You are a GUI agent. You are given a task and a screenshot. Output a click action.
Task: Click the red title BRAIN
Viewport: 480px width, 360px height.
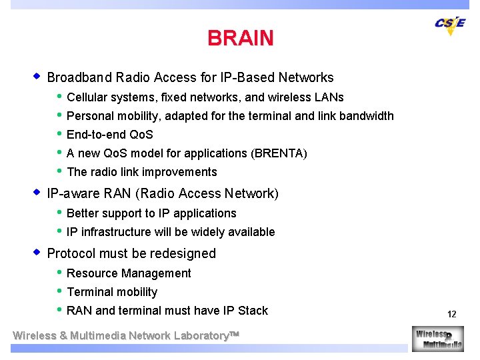240,38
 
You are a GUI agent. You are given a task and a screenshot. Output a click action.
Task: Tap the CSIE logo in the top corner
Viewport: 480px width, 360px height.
450,25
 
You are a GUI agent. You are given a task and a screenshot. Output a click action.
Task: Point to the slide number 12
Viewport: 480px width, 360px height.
451,314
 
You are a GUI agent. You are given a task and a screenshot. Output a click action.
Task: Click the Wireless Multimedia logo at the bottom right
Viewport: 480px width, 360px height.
437,338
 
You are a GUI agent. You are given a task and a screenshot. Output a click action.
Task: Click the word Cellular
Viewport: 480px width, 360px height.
87,97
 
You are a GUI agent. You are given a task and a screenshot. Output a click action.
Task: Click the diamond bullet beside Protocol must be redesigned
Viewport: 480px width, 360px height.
37,253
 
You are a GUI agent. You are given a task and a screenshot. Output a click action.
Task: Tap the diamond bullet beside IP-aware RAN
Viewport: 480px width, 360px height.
37,193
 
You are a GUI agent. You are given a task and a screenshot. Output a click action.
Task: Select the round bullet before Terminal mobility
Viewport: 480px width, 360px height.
59,291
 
